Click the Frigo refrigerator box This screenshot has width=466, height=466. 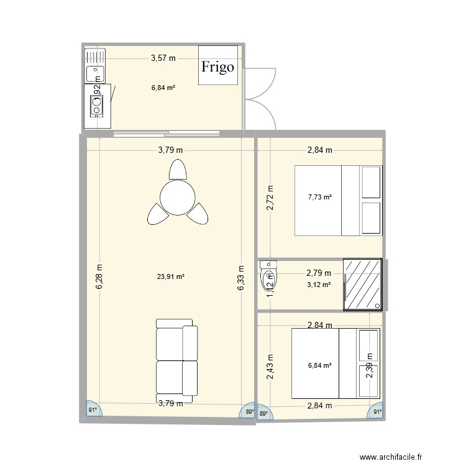(x=217, y=65)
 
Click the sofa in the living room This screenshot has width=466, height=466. (x=176, y=359)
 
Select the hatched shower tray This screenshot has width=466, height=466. (x=363, y=284)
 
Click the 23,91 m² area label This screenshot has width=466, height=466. (x=171, y=278)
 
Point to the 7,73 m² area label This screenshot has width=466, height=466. (x=320, y=197)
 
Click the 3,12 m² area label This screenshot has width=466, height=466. (x=318, y=285)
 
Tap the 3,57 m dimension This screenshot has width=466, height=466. (x=163, y=58)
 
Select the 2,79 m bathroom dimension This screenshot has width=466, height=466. (x=318, y=272)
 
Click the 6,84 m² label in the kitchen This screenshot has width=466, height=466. (x=163, y=88)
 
